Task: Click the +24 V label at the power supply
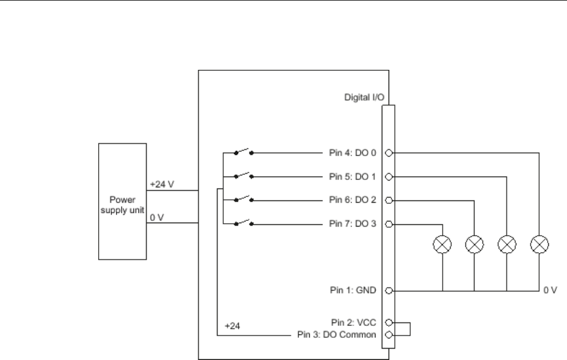pos(162,185)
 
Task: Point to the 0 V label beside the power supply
pos(157,217)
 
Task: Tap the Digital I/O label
pos(364,97)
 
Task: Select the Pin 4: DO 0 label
pos(353,153)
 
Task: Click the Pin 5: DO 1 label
pos(353,177)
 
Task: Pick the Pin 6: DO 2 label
pos(353,200)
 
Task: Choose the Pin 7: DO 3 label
pos(353,224)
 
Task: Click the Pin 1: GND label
pos(353,290)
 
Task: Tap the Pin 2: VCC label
pos(353,323)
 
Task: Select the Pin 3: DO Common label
pos(337,334)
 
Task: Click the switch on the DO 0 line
pos(244,152)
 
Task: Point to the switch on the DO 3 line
pos(244,222)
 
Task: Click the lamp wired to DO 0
pos(539,244)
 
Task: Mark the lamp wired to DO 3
pos(442,244)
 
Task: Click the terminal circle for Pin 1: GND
pos(389,291)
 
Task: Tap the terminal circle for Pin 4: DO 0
pos(389,153)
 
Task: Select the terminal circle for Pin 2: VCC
pos(389,323)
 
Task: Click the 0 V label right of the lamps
pos(550,290)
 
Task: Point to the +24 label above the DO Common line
pos(232,326)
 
